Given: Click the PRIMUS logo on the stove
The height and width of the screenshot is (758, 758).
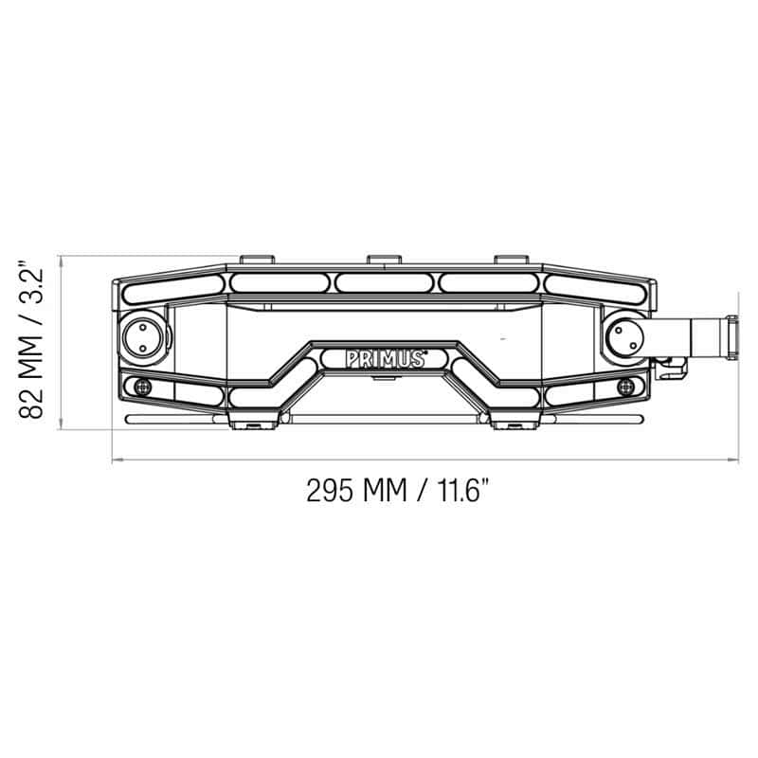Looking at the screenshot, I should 385,358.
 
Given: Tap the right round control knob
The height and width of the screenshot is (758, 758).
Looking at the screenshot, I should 624,336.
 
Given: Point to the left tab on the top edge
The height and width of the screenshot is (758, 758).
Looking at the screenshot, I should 257,259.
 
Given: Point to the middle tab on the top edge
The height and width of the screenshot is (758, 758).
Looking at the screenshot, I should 384,259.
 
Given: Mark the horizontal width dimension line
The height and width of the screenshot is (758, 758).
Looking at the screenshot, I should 426,460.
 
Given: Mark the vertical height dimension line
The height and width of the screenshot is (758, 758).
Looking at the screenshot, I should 62,341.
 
